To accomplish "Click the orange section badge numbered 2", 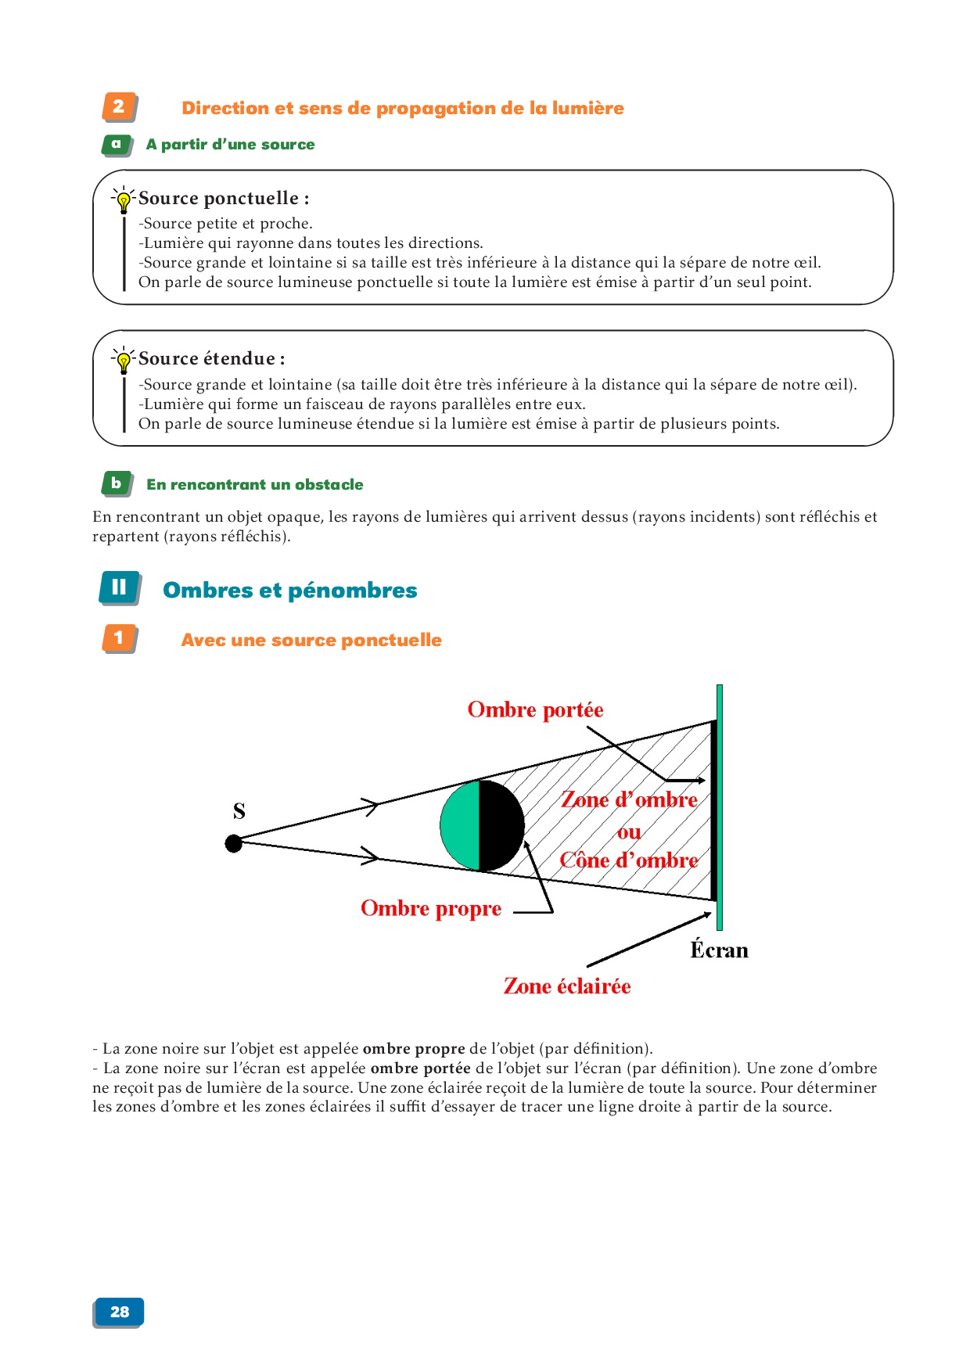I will [x=119, y=107].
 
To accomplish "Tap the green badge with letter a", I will [x=117, y=145].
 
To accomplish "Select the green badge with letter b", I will [x=117, y=483].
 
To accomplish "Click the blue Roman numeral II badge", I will [x=119, y=588].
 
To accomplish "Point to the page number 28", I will [x=119, y=1312].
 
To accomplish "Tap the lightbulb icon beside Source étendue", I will [x=124, y=361].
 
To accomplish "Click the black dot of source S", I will [x=234, y=843].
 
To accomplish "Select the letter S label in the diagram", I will [x=239, y=811].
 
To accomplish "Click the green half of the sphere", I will [x=461, y=825].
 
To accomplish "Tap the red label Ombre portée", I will [x=535, y=710].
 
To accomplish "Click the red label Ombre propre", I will [x=431, y=909].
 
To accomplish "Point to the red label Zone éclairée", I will [x=567, y=986].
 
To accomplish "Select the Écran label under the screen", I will [x=719, y=950].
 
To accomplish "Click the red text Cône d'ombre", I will [x=629, y=860].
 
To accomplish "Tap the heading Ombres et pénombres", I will [x=290, y=591].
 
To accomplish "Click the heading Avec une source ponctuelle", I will [x=311, y=641].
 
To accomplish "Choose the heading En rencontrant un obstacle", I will [x=255, y=485].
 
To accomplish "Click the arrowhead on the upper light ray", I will [x=372, y=805].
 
